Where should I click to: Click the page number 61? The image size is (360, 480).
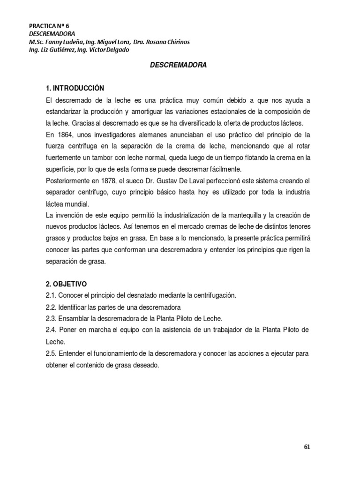click(307, 446)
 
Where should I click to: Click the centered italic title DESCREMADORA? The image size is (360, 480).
click(178, 66)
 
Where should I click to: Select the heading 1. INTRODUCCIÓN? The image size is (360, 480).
click(75, 88)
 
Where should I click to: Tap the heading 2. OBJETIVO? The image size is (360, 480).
click(67, 284)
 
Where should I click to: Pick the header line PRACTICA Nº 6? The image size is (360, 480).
click(49, 26)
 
